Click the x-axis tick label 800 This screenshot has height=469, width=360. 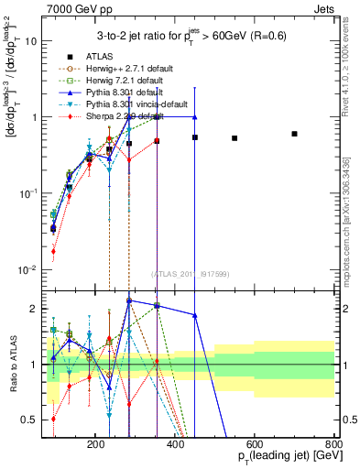pyautogui.click(x=333, y=442)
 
